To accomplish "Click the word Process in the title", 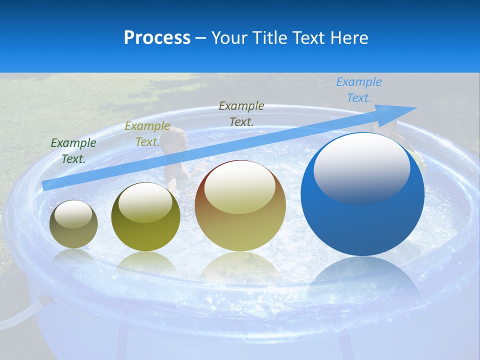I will (x=157, y=38).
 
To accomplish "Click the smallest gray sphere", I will (x=73, y=224).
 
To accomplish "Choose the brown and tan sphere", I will (x=240, y=205).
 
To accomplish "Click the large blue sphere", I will (x=362, y=195).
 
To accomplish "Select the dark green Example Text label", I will (x=73, y=150).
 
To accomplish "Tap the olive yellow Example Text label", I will (x=147, y=134).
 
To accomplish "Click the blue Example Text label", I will (x=358, y=90).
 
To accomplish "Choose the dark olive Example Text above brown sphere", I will (x=241, y=113).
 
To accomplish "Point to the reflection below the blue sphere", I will (x=362, y=280).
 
